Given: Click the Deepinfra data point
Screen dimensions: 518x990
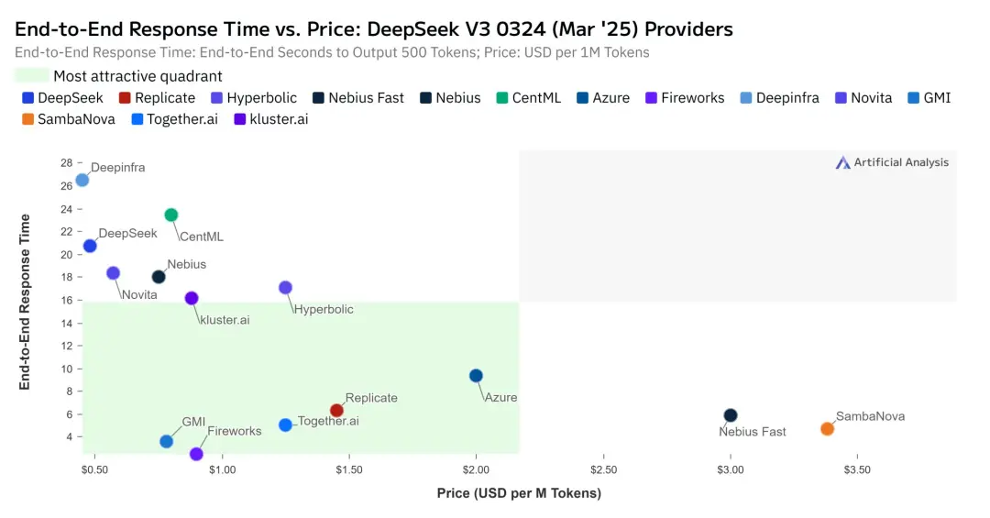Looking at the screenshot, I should (x=82, y=180).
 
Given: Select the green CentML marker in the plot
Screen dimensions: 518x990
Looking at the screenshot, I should (x=170, y=215).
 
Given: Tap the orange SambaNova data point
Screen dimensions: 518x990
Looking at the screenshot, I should (x=827, y=429).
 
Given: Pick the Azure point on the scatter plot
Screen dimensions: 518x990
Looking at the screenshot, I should (x=476, y=376).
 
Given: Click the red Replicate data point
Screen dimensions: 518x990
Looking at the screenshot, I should (x=336, y=411).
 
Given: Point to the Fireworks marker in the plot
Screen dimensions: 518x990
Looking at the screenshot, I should (x=196, y=454).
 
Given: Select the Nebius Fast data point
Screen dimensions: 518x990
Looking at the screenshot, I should (x=731, y=415).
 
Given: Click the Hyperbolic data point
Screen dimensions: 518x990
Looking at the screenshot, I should (x=285, y=288).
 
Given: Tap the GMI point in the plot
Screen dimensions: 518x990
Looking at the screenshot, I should (x=166, y=441).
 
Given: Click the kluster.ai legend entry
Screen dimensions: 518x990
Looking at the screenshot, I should (x=273, y=118).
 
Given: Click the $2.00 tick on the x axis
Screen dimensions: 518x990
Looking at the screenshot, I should (x=476, y=468).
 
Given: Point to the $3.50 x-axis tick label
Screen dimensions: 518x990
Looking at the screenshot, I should (x=857, y=468).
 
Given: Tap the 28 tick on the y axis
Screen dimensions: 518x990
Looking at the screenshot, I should (x=66, y=163).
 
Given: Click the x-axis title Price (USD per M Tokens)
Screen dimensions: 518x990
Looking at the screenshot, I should (x=519, y=494).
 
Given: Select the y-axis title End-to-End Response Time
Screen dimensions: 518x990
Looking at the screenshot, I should (x=26, y=302).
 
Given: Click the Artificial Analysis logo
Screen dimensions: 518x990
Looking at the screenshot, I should (x=892, y=162).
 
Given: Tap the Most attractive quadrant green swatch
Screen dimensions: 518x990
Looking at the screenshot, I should (x=32, y=76).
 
